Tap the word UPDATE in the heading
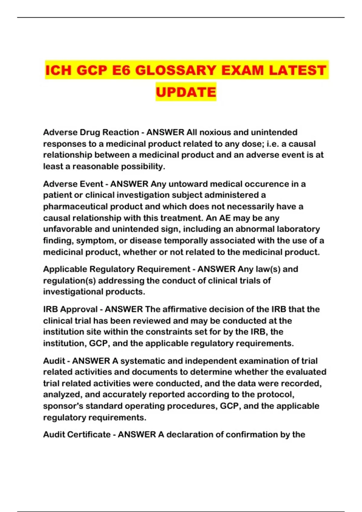pyautogui.click(x=186, y=92)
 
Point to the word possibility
pyautogui.click(x=143, y=167)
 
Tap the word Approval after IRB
pyautogui.click(x=79, y=309)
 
